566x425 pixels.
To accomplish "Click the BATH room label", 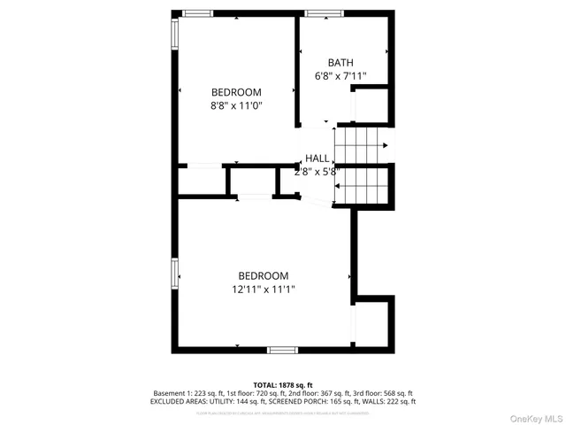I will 340,62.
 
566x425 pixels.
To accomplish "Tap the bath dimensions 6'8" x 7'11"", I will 340,76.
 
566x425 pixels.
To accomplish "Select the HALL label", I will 317,158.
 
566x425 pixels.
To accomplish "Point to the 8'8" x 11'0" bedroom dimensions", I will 236,105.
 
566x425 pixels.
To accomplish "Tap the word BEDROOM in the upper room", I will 236,92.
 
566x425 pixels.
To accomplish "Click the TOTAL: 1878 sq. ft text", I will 283,384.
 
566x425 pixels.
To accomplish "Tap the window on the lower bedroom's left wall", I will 175,274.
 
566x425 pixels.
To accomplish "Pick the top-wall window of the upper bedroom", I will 198,12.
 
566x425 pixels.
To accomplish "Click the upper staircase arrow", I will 384,145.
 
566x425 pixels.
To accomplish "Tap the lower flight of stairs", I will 362,185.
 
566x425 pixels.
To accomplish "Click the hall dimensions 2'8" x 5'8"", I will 317,172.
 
